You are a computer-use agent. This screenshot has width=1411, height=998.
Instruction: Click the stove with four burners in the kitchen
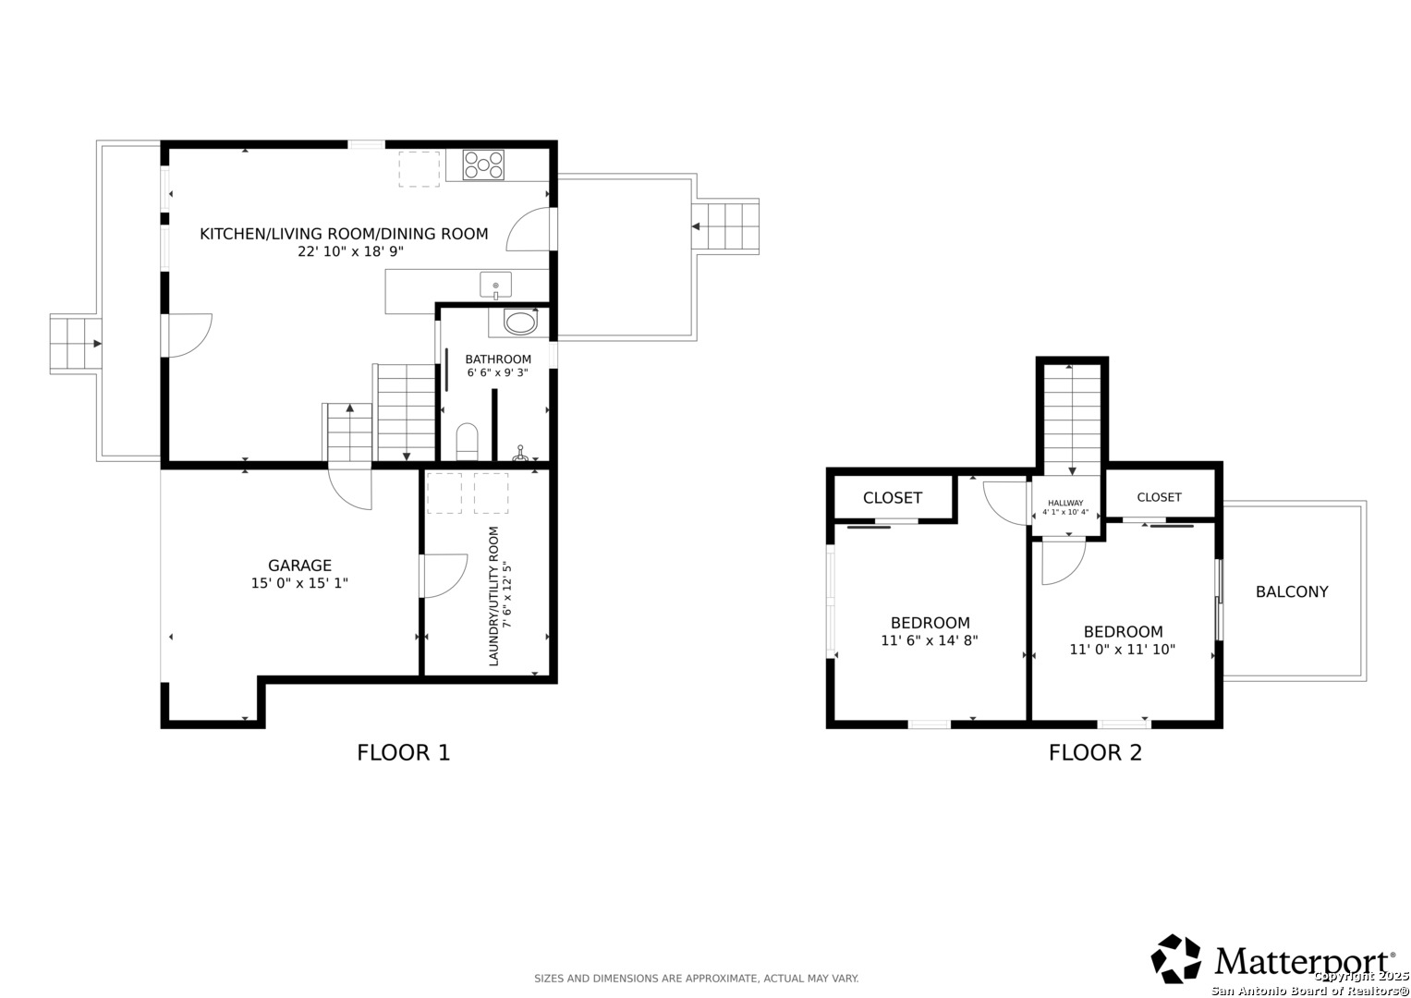tap(483, 164)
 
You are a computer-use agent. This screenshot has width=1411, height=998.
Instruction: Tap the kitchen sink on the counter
tap(495, 286)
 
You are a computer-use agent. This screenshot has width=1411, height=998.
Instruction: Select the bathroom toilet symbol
tap(467, 442)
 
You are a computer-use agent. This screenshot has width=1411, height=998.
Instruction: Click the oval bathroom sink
tap(520, 323)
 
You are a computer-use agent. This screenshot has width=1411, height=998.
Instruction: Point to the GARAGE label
tap(299, 566)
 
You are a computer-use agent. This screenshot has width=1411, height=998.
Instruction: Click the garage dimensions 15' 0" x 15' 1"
tap(299, 583)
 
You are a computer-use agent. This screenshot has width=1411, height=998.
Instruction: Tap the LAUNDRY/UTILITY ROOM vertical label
tap(493, 596)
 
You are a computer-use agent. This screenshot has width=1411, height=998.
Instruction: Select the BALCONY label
tap(1292, 591)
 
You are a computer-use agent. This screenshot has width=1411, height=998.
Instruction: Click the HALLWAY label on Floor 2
tap(1065, 503)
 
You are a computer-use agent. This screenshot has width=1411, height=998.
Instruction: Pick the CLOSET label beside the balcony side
tap(1159, 497)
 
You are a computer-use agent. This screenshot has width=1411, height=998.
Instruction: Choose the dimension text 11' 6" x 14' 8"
tap(930, 640)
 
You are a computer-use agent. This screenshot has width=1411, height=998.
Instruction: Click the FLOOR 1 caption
tap(404, 752)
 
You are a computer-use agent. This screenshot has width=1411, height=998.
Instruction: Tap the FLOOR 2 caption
tap(1095, 752)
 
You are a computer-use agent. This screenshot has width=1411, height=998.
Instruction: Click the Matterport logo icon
tap(1176, 959)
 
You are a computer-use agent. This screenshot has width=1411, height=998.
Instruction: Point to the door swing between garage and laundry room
tap(444, 576)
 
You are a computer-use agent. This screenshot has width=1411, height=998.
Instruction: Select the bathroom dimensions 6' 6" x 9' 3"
tap(498, 372)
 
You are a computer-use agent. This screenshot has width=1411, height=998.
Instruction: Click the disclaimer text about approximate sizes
tap(696, 979)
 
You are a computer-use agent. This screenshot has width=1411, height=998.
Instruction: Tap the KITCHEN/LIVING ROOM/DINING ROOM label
tap(344, 234)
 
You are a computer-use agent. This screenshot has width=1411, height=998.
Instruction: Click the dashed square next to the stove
tap(419, 169)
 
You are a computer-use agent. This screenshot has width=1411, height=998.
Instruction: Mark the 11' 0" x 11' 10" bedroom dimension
tap(1123, 649)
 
